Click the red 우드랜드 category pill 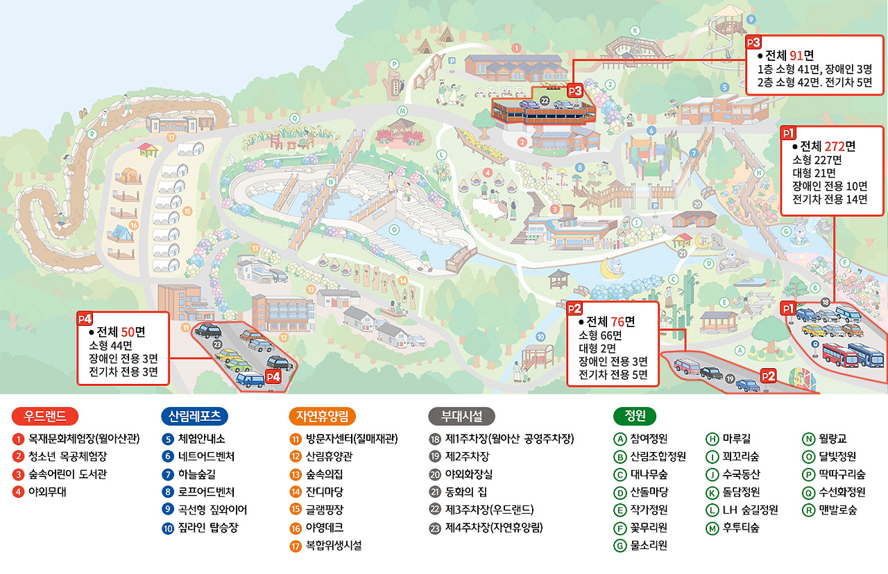click(x=45, y=416)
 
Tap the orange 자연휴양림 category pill click(x=322, y=416)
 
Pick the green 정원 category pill click(x=635, y=416)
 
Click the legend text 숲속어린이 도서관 click(x=67, y=475)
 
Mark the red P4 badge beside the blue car click(x=273, y=376)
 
